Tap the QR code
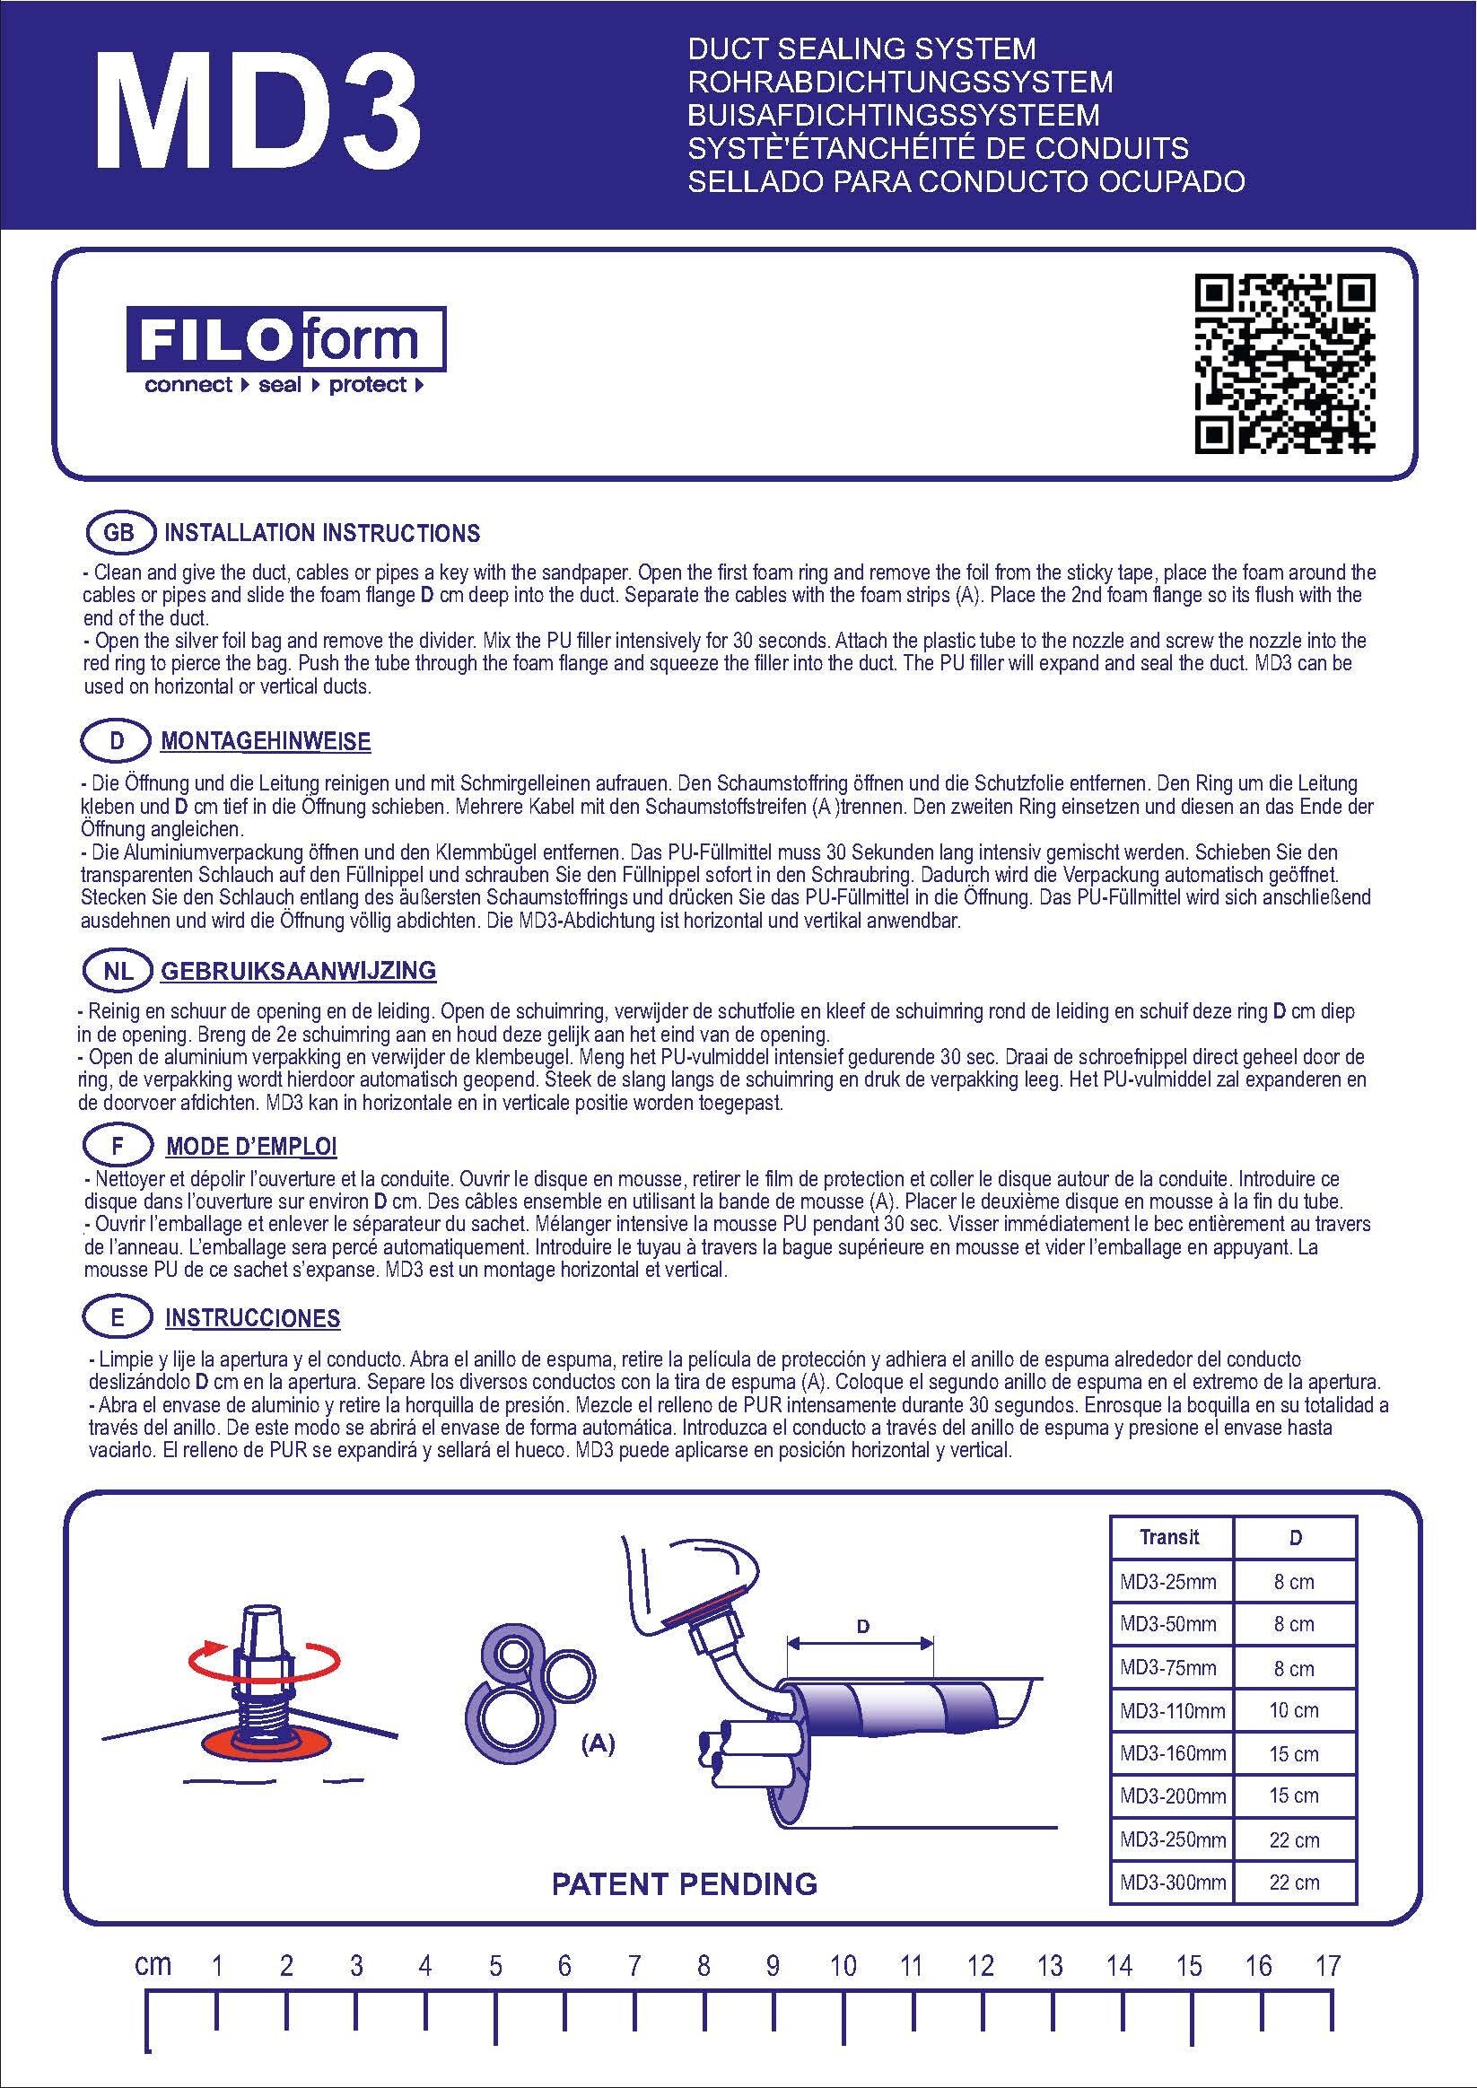(x=1283, y=363)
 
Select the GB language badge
(x=118, y=533)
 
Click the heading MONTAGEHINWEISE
(x=266, y=741)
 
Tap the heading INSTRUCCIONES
(x=253, y=1318)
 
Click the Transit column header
(x=1169, y=1537)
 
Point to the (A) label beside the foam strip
(x=598, y=1743)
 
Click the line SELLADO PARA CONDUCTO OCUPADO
(x=966, y=181)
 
